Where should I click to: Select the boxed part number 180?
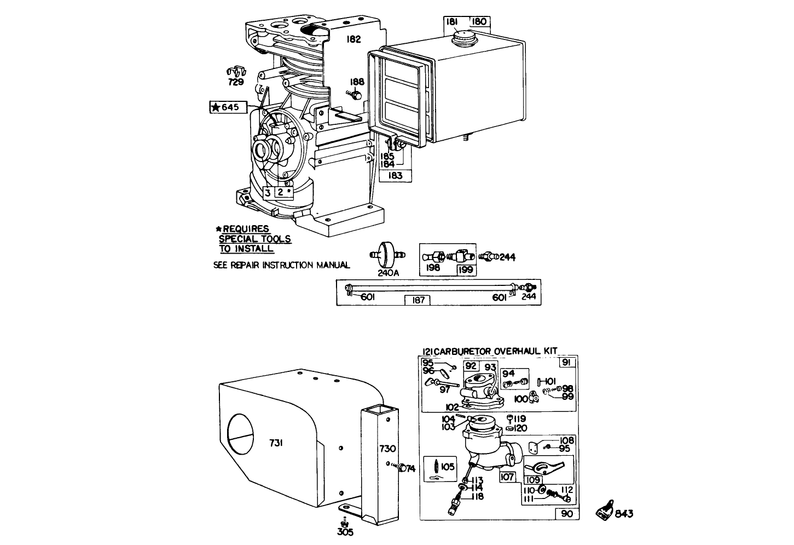pyautogui.click(x=479, y=22)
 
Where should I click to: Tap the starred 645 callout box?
pyautogui.click(x=224, y=107)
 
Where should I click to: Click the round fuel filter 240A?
pyautogui.click(x=387, y=254)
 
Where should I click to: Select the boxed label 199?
pyautogui.click(x=467, y=269)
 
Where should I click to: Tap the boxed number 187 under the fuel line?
pyautogui.click(x=417, y=300)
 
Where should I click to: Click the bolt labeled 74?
pyautogui.click(x=403, y=468)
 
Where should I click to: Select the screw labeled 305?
pyautogui.click(x=344, y=520)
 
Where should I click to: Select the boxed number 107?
pyautogui.click(x=507, y=477)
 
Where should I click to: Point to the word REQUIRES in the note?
pyautogui.click(x=246, y=229)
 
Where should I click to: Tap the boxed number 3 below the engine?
pyautogui.click(x=267, y=192)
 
